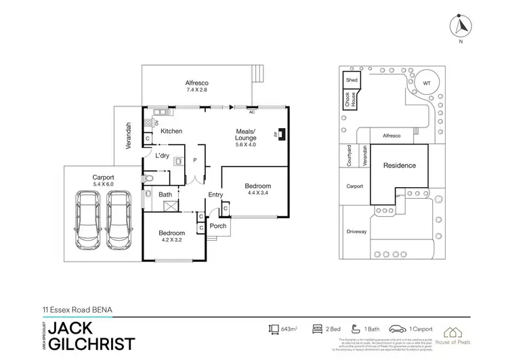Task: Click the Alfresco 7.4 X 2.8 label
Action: point(196,85)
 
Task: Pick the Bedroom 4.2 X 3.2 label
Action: point(172,237)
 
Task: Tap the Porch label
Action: point(218,226)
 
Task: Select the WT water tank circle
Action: point(426,83)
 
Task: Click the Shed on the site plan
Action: point(352,80)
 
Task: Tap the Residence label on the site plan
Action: point(399,165)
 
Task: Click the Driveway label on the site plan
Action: point(356,232)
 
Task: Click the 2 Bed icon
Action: point(316,329)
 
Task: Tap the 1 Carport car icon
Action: point(394,329)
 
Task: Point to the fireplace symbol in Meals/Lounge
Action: point(282,134)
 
